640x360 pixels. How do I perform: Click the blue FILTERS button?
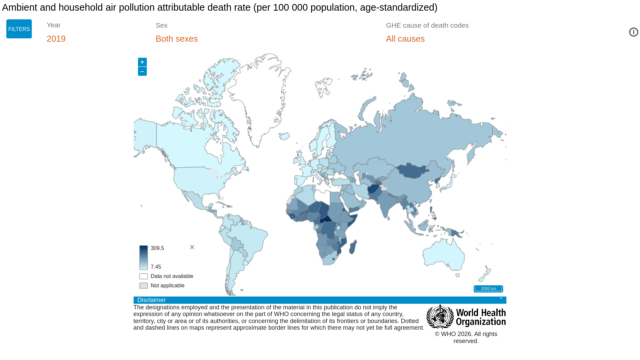[x=19, y=29]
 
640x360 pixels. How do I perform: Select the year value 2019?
[x=56, y=39]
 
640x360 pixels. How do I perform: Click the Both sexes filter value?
[x=176, y=39]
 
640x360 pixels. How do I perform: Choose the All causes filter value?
[x=405, y=39]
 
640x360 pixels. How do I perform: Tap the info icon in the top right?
[x=633, y=32]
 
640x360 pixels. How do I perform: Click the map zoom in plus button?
[x=142, y=62]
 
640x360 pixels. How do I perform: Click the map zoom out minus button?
[x=142, y=71]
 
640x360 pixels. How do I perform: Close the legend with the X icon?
[x=192, y=247]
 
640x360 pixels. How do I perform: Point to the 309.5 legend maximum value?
[x=157, y=248]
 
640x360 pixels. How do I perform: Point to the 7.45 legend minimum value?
[x=156, y=267]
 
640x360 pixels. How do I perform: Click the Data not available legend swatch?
[x=144, y=276]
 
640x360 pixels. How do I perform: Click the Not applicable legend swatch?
[x=144, y=286]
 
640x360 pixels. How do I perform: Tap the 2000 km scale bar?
[x=488, y=289]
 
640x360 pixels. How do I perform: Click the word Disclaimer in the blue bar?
[x=151, y=300]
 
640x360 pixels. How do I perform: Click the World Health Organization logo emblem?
[x=440, y=317]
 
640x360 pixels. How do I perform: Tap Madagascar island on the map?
[x=353, y=247]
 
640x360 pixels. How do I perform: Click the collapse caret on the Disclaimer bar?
[x=501, y=299]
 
